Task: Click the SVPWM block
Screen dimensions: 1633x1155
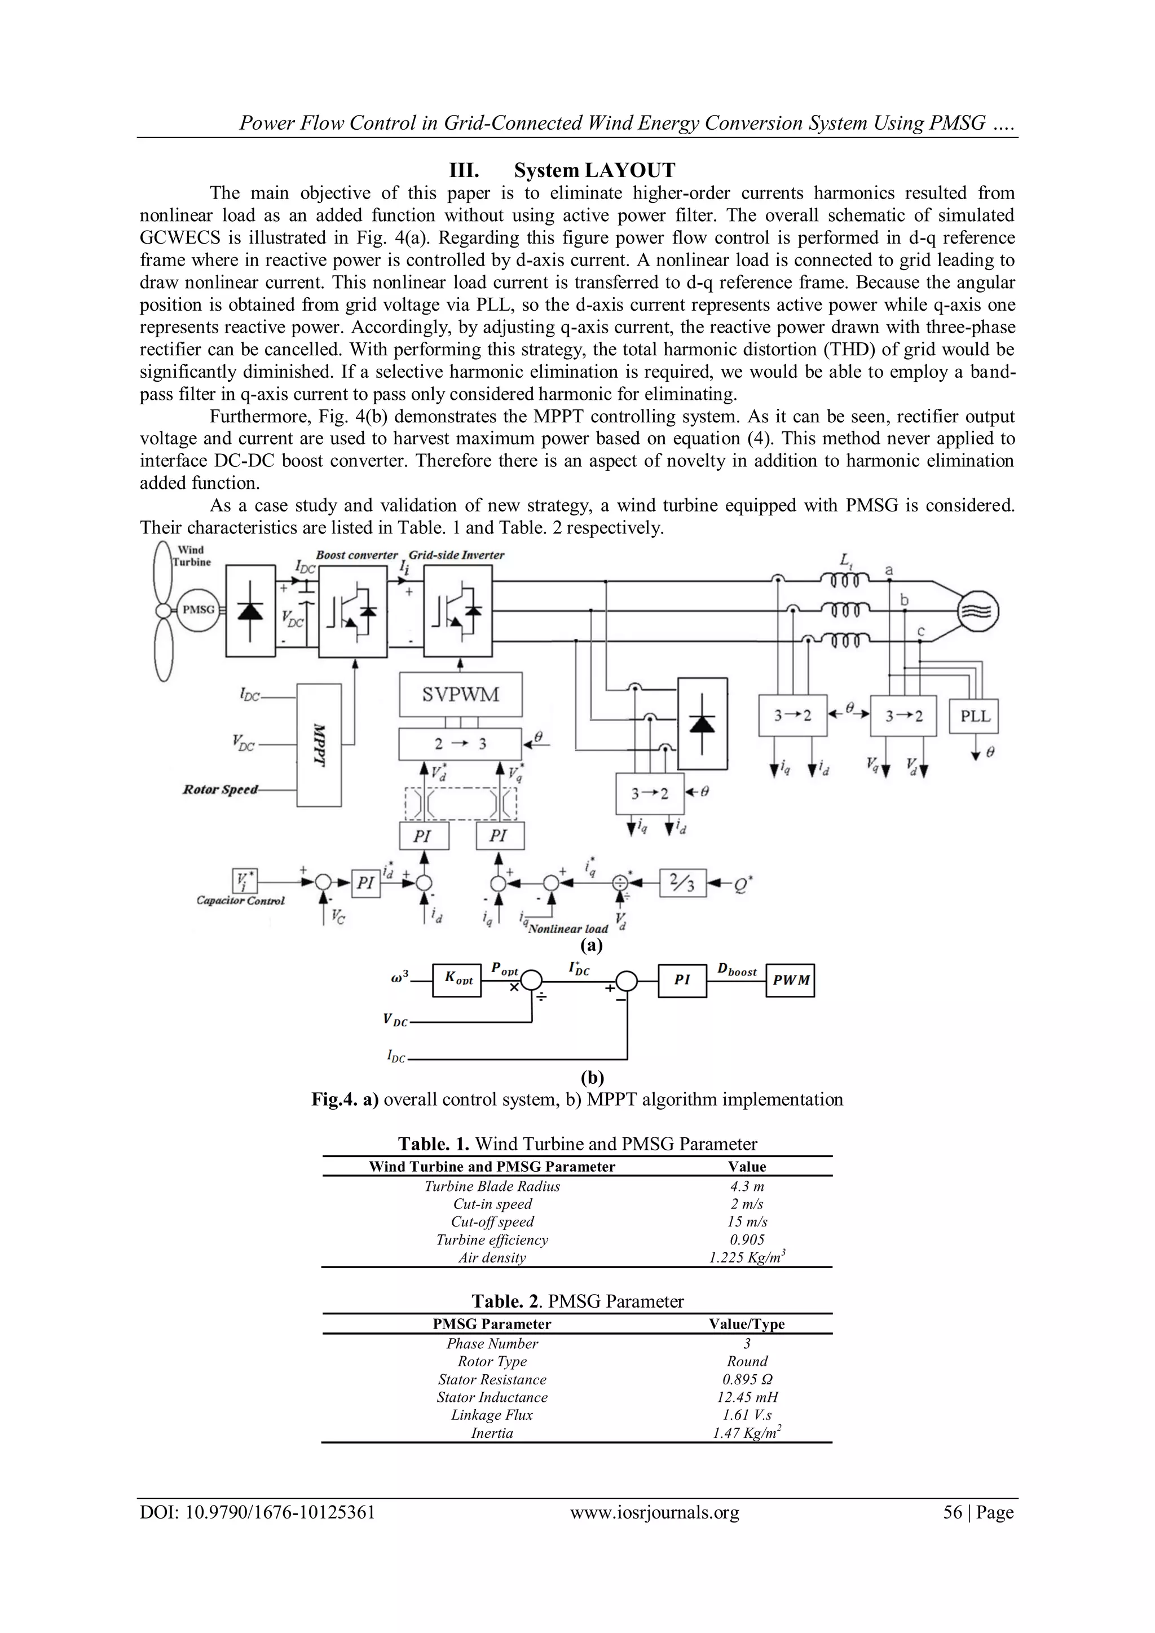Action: click(460, 695)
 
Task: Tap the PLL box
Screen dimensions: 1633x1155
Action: click(975, 716)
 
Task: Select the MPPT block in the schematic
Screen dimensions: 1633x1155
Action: click(319, 745)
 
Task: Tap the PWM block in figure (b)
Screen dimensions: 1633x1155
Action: click(790, 980)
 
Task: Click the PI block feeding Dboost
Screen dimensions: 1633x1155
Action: click(682, 980)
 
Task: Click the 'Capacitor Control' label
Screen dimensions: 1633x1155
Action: click(240, 901)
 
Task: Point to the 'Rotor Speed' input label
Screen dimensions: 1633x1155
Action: click(221, 789)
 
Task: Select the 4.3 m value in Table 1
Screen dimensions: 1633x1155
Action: click(747, 1186)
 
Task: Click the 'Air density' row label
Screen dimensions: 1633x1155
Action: click(492, 1257)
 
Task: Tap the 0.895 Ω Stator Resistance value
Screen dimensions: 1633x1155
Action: click(747, 1379)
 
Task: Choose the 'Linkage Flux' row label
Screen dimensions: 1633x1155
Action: click(492, 1415)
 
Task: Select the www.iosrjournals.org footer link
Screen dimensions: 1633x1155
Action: click(654, 1512)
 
